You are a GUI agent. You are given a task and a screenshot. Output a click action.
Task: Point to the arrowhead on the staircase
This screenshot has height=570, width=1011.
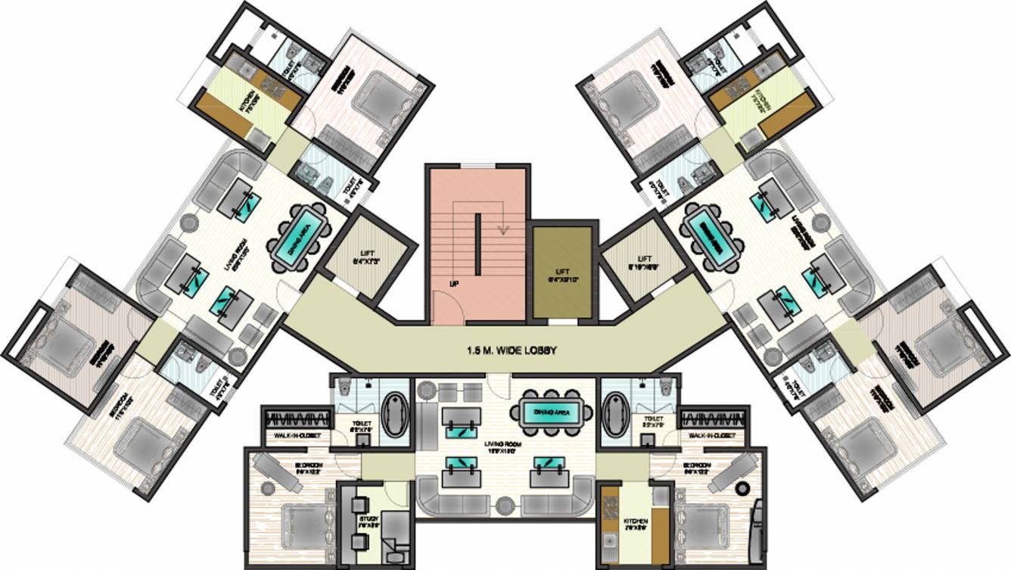click(x=500, y=231)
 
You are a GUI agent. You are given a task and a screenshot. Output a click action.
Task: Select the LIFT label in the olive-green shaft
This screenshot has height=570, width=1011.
click(x=561, y=272)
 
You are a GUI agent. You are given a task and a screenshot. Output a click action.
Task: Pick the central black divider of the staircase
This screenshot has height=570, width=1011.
click(x=478, y=244)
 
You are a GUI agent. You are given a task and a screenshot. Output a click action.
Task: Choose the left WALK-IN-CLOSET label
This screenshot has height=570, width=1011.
click(x=291, y=436)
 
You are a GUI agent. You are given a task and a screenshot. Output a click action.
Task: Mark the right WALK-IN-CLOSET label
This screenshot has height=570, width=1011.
click(x=714, y=436)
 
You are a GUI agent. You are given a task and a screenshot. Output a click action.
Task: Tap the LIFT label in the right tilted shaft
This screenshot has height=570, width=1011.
click(x=644, y=261)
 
